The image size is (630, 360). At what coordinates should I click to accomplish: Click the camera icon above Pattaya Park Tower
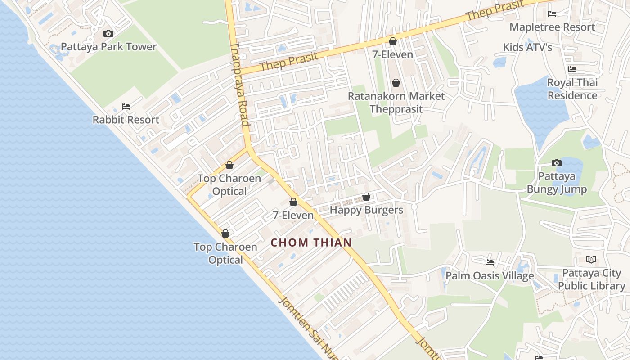pyautogui.click(x=108, y=33)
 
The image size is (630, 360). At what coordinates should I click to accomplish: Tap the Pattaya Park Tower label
pyautogui.click(x=108, y=47)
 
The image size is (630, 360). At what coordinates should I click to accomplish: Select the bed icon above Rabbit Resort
pyautogui.click(x=126, y=107)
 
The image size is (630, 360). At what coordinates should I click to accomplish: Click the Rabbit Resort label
pyautogui.click(x=126, y=120)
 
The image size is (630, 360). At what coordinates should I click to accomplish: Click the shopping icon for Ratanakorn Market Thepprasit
pyautogui.click(x=396, y=83)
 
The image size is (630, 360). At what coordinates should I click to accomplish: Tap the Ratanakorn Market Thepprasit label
pyautogui.click(x=396, y=103)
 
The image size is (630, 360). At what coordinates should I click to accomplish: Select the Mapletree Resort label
pyautogui.click(x=552, y=27)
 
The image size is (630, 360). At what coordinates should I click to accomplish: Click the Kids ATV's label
pyautogui.click(x=527, y=47)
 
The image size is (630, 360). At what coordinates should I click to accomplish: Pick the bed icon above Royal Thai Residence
pyautogui.click(x=572, y=69)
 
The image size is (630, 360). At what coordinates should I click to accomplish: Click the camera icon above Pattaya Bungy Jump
pyautogui.click(x=557, y=163)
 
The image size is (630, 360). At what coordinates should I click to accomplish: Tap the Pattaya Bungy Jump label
pyautogui.click(x=557, y=183)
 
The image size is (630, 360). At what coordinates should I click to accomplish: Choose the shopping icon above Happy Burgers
pyautogui.click(x=366, y=197)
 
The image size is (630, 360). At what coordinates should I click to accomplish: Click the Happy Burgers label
pyautogui.click(x=366, y=210)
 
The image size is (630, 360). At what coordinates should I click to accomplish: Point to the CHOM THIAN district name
pyautogui.click(x=311, y=243)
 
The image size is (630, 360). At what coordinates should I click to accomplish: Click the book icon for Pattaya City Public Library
pyautogui.click(x=591, y=260)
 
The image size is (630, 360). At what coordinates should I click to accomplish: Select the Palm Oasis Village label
pyautogui.click(x=490, y=275)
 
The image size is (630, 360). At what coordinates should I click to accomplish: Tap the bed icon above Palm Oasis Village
pyautogui.click(x=490, y=262)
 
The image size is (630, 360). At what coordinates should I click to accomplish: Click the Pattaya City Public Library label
pyautogui.click(x=594, y=279)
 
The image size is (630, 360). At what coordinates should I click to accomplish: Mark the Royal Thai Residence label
pyautogui.click(x=572, y=89)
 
